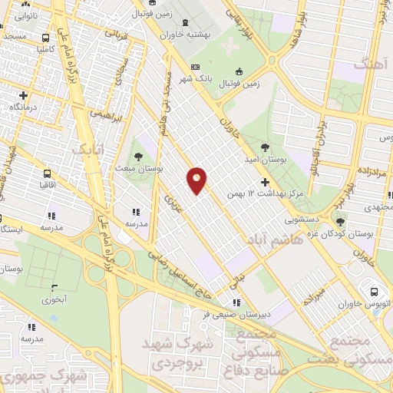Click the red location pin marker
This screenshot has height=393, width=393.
[x=197, y=180]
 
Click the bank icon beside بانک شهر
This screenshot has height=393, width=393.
[x=195, y=68]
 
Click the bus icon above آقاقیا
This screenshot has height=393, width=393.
[x=47, y=173]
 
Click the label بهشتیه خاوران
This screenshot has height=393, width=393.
[x=185, y=34]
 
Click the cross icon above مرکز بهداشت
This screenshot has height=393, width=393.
[x=266, y=183]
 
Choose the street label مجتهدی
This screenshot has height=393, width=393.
[x=377, y=207]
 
